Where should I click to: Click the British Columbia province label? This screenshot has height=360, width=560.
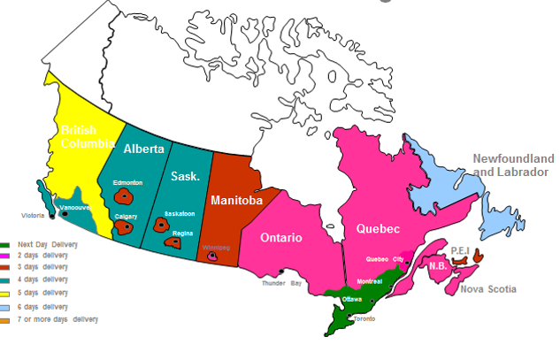pyautogui.click(x=87, y=136)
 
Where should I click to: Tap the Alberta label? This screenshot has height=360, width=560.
pyautogui.click(x=144, y=148)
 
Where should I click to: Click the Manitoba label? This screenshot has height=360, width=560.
pyautogui.click(x=236, y=201)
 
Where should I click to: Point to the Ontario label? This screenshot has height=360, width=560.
pyautogui.click(x=282, y=238)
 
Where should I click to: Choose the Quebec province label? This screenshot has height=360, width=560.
pyautogui.click(x=378, y=229)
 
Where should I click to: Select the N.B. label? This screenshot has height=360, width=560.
pyautogui.click(x=437, y=266)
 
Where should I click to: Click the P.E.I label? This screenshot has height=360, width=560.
pyautogui.click(x=459, y=250)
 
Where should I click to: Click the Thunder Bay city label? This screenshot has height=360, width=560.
pyautogui.click(x=282, y=283)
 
